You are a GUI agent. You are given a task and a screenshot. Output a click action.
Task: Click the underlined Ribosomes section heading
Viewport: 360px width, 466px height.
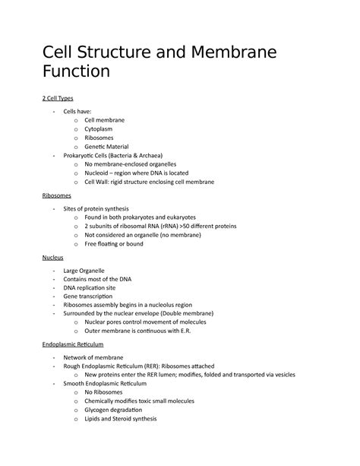(57, 195)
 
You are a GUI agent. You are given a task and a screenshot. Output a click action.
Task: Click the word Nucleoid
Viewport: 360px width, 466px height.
(99, 173)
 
